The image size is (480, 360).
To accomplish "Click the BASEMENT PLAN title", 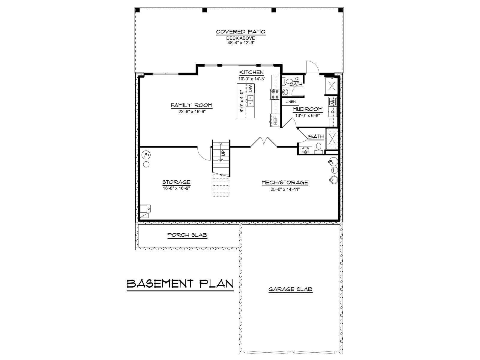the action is point(180,284).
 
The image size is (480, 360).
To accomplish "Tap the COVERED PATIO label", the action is point(241,32).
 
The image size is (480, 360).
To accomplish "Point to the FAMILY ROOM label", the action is point(192,105).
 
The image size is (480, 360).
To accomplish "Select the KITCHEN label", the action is point(251,72).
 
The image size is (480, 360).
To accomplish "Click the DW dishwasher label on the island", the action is point(250,88).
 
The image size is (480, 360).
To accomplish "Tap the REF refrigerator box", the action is point(275,120).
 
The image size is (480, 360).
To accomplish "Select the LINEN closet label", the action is point(290,102).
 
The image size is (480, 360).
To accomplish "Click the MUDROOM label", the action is point(307,109).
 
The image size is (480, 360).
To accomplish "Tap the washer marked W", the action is point(332,101).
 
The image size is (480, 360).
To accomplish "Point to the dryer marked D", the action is point(333,112).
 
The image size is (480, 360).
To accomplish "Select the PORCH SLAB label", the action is point(187,235).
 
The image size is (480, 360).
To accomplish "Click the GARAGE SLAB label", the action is point(290,289).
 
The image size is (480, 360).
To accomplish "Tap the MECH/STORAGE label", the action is point(285,182).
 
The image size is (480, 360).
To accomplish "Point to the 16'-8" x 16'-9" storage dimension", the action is point(176,188).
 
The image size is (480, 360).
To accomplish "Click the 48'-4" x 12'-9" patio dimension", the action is point(241,43).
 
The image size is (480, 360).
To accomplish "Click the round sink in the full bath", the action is point(305,150).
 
